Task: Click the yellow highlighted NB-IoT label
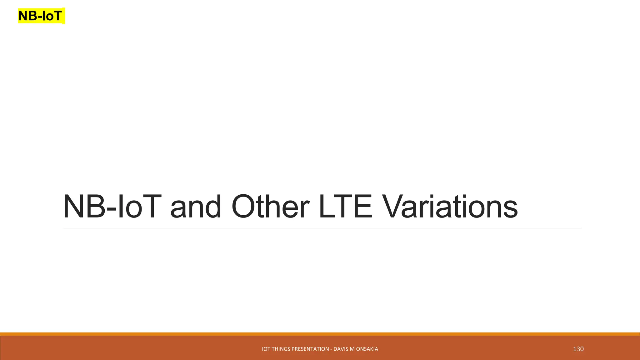(41, 16)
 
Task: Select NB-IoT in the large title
(112, 207)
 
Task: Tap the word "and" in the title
(196, 207)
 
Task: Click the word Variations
(450, 207)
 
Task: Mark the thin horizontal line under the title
(322, 228)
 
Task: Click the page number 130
(578, 349)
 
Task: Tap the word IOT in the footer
(266, 349)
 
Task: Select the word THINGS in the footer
(281, 349)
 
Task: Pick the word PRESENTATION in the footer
(310, 349)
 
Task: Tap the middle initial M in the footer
(352, 349)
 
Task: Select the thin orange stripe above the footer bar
(320, 334)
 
